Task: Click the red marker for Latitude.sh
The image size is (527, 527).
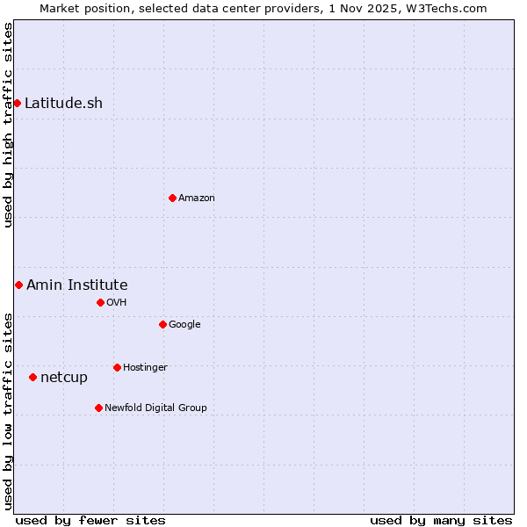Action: (x=18, y=104)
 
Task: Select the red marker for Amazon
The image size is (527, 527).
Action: (x=172, y=198)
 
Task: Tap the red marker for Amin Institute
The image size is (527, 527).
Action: (x=18, y=285)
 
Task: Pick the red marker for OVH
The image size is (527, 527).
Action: (x=100, y=302)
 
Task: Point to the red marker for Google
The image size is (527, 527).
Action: (x=162, y=324)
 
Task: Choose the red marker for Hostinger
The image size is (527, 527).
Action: (x=117, y=367)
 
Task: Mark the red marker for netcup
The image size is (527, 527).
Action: (x=33, y=377)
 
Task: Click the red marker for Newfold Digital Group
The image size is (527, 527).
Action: (x=98, y=408)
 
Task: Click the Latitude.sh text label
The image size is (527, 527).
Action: (x=63, y=104)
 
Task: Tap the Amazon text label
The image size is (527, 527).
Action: (x=197, y=198)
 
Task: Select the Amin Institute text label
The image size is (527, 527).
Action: (x=77, y=285)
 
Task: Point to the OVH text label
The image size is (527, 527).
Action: (x=117, y=302)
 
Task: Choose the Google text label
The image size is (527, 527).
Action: (x=184, y=324)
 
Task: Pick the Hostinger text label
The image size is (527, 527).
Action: (x=145, y=367)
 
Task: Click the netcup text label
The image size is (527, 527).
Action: (x=64, y=378)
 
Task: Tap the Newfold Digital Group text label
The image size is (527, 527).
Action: (x=155, y=408)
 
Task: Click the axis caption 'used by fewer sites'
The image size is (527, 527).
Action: (x=90, y=520)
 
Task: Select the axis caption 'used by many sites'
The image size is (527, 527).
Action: (x=441, y=520)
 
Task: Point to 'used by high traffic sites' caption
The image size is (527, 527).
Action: (x=8, y=125)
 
